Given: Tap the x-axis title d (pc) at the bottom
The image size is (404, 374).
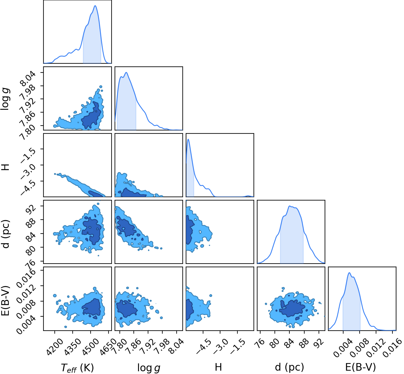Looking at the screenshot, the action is pos(289,367).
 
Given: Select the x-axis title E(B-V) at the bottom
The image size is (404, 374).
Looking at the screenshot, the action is pos(361,367).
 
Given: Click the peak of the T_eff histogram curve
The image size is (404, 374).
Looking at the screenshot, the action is pos(95,6).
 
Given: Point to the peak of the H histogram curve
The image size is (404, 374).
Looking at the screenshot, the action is pos(188,139).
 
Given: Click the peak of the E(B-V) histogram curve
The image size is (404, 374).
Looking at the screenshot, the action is pos(349,273).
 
